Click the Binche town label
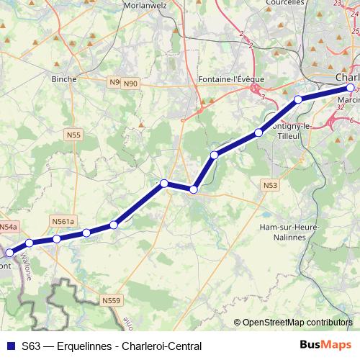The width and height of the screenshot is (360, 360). pos(64,79)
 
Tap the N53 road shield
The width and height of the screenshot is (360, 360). pos(270,185)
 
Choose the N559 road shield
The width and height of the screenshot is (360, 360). pos(111,300)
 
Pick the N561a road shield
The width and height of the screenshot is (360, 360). pos(63,221)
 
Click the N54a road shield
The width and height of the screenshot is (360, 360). pos(8,227)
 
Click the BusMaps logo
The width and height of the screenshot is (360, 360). pos(326,346)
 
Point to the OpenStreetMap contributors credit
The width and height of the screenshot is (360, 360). pos(297,323)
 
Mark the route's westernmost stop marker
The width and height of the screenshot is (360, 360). pos(9,253)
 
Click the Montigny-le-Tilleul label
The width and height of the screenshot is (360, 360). pos(290,130)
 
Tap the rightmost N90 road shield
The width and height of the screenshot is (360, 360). pos(130,84)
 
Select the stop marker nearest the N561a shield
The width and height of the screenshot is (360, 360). pos(56,239)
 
